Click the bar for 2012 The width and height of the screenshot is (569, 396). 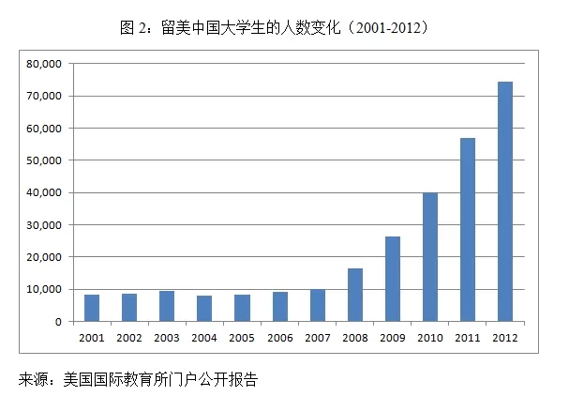tap(505, 202)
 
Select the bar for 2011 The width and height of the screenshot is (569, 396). tap(468, 230)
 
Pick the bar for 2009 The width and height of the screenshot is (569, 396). tap(393, 279)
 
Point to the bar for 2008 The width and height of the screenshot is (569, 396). tap(355, 295)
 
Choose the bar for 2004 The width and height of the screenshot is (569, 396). tap(204, 309)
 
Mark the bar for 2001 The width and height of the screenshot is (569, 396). tap(92, 308)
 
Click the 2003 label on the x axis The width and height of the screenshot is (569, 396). tap(167, 337)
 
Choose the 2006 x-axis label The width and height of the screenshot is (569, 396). tap(279, 337)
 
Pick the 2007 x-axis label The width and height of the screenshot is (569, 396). tap(317, 337)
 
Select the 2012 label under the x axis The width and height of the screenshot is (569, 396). tap(505, 337)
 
